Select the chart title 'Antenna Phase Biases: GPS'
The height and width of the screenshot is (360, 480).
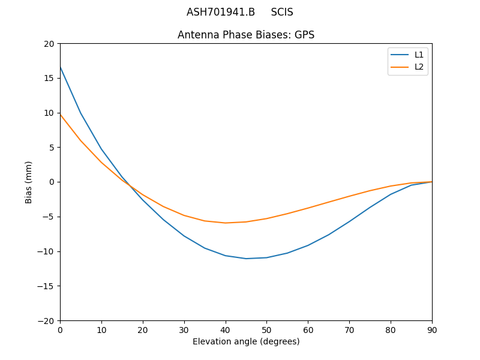pos(246,35)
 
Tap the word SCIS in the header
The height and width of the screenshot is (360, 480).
pos(282,12)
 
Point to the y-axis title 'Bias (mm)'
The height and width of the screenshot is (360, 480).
pos(29,182)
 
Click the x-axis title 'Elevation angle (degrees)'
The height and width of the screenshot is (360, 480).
pos(246,341)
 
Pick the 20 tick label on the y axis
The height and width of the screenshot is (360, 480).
pos(49,44)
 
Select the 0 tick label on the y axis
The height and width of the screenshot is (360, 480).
pos(51,182)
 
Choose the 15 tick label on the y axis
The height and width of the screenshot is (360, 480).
pos(49,78)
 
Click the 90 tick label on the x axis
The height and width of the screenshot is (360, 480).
pos(432,329)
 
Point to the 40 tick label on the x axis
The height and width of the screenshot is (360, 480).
pos(225,329)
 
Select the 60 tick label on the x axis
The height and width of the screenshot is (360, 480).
pos(308,329)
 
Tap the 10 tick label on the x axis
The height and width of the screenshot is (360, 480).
pos(101,329)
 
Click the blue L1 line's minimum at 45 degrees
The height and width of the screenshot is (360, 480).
pos(246,259)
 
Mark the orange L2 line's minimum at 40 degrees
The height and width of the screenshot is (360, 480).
pos(226,223)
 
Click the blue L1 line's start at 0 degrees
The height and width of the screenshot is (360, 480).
pos(61,67)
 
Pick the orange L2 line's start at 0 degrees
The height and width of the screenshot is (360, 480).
pos(61,115)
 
